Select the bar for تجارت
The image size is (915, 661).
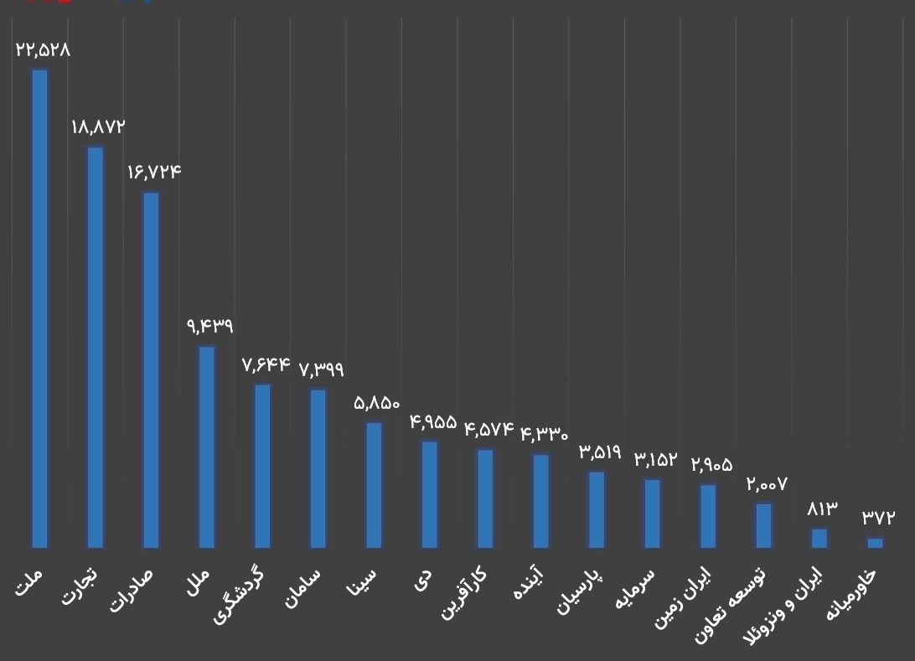96,347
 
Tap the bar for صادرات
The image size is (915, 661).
151,369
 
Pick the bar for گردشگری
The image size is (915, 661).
262,466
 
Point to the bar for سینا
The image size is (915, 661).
374,485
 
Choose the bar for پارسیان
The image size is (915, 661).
597,509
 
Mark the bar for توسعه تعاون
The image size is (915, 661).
763,525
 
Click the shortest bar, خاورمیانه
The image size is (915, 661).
875,543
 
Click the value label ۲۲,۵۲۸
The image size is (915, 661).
43,49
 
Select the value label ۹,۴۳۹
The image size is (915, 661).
209,326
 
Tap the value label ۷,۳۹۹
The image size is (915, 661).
321,369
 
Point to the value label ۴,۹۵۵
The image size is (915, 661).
433,421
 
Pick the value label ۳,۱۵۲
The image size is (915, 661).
655,459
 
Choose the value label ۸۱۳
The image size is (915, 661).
822,509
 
